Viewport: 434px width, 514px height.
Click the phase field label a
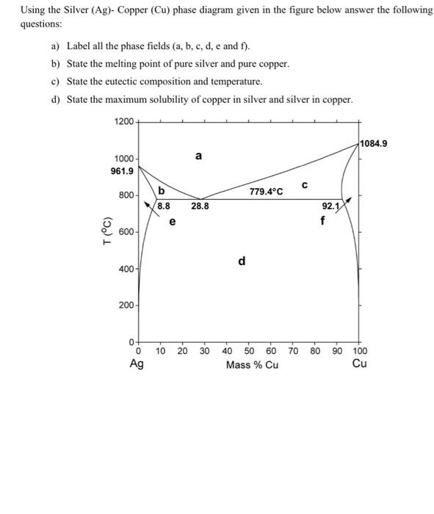click(x=199, y=156)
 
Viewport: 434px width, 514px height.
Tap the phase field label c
click(x=304, y=184)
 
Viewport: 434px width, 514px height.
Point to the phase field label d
click(x=242, y=261)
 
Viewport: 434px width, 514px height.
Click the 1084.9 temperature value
click(x=374, y=143)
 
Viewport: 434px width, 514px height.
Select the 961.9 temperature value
click(x=122, y=172)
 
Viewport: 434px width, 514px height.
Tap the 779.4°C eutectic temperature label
click(x=266, y=192)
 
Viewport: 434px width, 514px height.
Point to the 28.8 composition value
click(x=200, y=207)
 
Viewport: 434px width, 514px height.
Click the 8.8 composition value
click(x=164, y=207)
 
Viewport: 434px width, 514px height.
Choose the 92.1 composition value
click(x=330, y=207)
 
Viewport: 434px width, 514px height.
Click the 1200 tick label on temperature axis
click(x=124, y=121)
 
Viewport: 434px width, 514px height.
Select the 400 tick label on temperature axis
click(x=126, y=269)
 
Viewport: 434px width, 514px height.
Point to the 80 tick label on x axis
click(x=315, y=351)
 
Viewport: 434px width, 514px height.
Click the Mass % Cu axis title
click(x=252, y=365)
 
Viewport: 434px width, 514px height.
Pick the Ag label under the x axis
click(x=137, y=364)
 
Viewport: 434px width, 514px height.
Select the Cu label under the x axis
click(x=360, y=364)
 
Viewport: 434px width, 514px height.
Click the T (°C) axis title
click(x=107, y=231)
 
